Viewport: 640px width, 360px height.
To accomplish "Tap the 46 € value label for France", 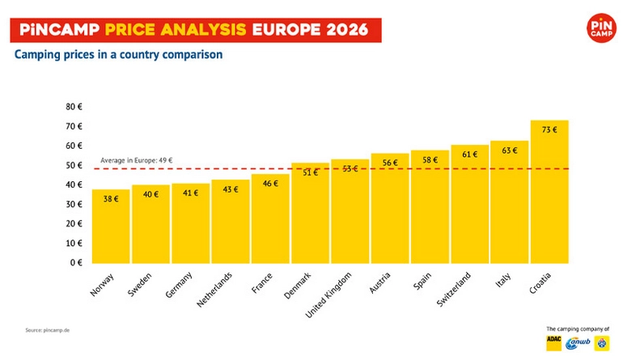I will click(x=270, y=184).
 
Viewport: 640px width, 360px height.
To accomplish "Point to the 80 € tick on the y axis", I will click(x=74, y=107).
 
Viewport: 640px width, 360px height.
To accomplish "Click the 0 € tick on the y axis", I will click(x=77, y=262).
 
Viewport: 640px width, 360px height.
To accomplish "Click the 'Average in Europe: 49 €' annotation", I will click(x=137, y=160).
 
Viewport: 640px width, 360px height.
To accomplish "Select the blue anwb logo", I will click(x=578, y=343).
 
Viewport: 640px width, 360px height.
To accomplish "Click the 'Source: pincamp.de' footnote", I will click(x=46, y=330).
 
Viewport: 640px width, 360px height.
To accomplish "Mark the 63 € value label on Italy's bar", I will click(x=510, y=150).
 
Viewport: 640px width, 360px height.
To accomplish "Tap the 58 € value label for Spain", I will click(x=430, y=160).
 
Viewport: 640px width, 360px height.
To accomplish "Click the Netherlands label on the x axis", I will click(x=218, y=290).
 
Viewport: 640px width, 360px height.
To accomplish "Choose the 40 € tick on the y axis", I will click(x=74, y=184).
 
